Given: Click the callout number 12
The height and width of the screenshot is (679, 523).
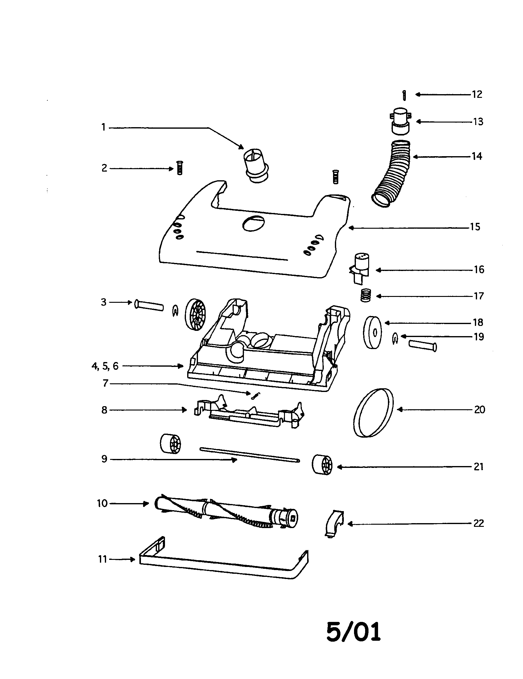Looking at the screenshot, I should pos(477,94).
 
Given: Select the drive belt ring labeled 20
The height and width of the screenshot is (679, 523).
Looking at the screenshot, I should pos(373,413).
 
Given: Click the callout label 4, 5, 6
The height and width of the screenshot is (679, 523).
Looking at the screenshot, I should pos(105,366).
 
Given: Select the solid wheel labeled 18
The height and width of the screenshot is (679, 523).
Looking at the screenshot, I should pos(373,332).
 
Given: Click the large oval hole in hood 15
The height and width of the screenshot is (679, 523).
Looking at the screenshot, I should pos(254,223).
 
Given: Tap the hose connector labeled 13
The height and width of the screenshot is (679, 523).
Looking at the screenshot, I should pos(400,121).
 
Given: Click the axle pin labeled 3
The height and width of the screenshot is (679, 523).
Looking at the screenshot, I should pos(149,305).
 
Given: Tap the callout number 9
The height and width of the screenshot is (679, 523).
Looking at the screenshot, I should pos(104,459).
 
